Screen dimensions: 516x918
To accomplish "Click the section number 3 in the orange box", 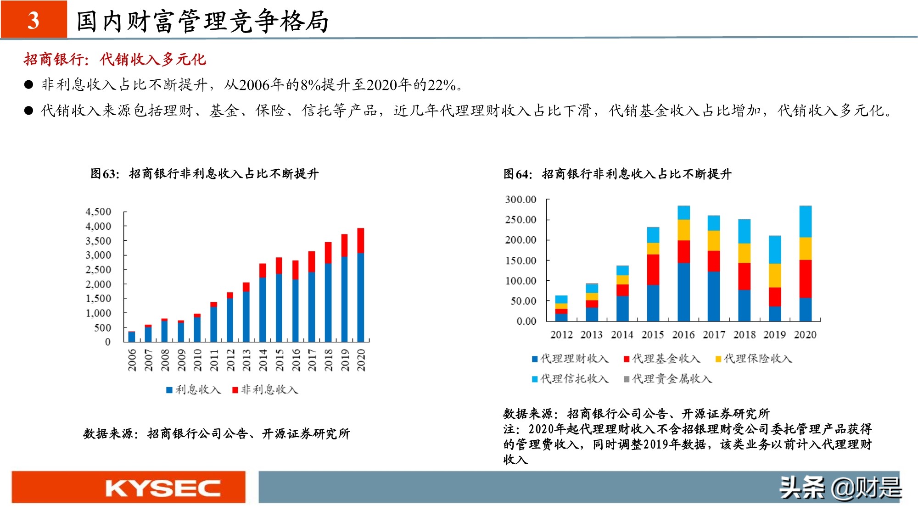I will pyautogui.click(x=34, y=20).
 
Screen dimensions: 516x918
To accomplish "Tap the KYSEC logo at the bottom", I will pyautogui.click(x=163, y=488).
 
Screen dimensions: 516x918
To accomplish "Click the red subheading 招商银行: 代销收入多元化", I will pyautogui.click(x=115, y=59).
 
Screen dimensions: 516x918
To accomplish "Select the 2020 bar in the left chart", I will pyautogui.click(x=361, y=284).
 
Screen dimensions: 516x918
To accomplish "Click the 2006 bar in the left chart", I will pyautogui.click(x=132, y=337).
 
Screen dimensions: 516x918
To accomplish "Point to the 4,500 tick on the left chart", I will pyautogui.click(x=98, y=211).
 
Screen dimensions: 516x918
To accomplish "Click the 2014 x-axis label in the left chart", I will pyautogui.click(x=263, y=360).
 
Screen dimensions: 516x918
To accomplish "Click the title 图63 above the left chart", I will pyautogui.click(x=105, y=174).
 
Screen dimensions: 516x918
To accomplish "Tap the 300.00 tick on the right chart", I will pyautogui.click(x=521, y=200).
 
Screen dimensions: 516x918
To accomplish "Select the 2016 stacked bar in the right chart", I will pyautogui.click(x=683, y=264).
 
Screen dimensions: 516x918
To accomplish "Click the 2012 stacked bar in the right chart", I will pyautogui.click(x=561, y=308).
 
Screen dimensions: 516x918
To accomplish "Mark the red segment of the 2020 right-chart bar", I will pyautogui.click(x=806, y=279).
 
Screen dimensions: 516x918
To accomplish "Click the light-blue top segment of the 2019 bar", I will pyautogui.click(x=775, y=249).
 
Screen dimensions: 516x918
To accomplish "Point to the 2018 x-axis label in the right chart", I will pyautogui.click(x=744, y=335).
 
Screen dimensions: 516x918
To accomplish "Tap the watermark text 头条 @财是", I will pyautogui.click(x=840, y=488).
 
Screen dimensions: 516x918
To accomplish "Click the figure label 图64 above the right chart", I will pyautogui.click(x=518, y=174).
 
